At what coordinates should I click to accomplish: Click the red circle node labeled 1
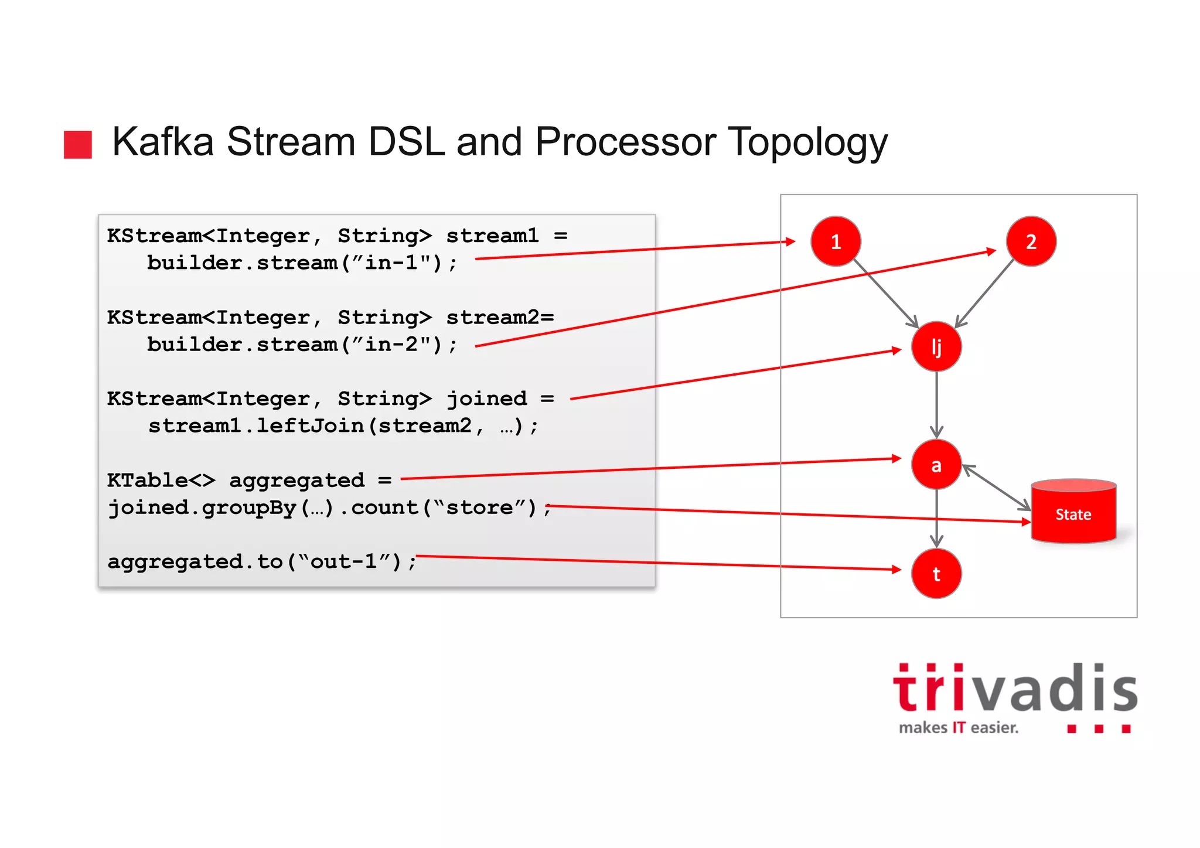point(836,241)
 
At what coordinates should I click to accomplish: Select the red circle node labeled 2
point(1031,241)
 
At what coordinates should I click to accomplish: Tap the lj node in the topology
point(936,346)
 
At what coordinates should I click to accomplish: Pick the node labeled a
point(936,465)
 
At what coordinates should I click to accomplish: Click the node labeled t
point(936,574)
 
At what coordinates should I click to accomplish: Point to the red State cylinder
point(1073,512)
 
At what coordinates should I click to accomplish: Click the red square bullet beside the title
point(78,145)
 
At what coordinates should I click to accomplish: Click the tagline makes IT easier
point(959,728)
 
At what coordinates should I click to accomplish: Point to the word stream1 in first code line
point(492,236)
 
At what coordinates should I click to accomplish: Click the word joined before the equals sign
point(486,399)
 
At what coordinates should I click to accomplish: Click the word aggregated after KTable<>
point(296,481)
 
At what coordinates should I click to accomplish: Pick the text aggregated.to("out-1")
point(261,561)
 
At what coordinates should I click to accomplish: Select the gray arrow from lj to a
point(936,404)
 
